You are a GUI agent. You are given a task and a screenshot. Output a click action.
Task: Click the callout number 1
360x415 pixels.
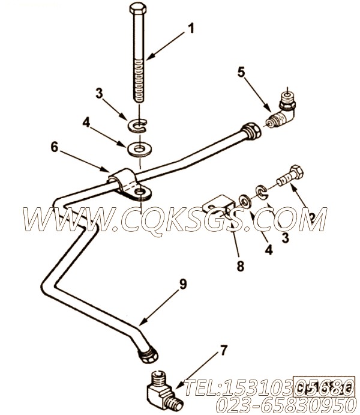click(191, 28)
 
